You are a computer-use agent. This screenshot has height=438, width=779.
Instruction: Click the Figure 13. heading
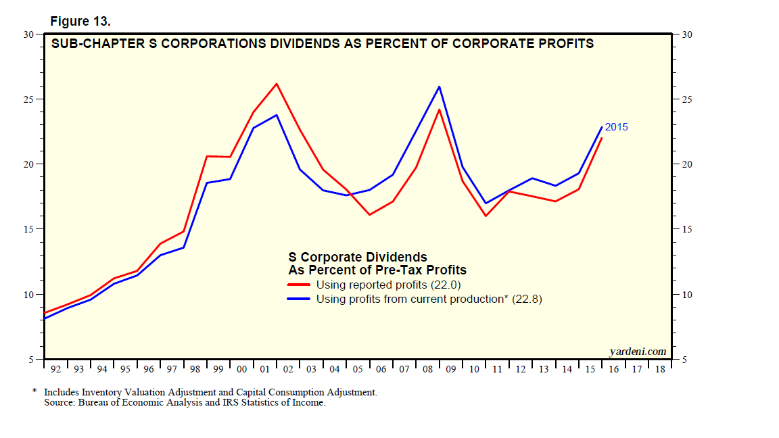pyautogui.click(x=80, y=22)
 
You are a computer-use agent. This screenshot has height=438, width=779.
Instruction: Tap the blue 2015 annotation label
pyautogui.click(x=616, y=126)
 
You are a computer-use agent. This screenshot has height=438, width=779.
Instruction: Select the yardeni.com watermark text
pyautogui.click(x=638, y=351)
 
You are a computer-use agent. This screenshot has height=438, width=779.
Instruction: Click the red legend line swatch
pyautogui.click(x=299, y=285)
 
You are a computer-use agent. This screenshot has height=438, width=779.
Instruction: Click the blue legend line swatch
pyautogui.click(x=299, y=299)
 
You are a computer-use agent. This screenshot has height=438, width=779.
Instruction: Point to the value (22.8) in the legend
pyautogui.click(x=526, y=299)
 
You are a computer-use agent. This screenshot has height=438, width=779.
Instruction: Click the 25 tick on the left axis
pyautogui.click(x=30, y=99)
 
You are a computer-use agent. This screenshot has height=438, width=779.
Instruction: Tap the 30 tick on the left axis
pyautogui.click(x=30, y=34)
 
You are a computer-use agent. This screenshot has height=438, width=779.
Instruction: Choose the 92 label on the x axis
pyautogui.click(x=55, y=370)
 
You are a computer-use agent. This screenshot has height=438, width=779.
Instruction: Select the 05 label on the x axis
pyautogui.click(x=358, y=370)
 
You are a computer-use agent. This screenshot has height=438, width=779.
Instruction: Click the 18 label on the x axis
pyautogui.click(x=659, y=370)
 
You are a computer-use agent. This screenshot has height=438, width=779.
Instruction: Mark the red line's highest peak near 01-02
pyautogui.click(x=277, y=84)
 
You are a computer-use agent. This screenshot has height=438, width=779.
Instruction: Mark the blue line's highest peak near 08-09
pyautogui.click(x=440, y=87)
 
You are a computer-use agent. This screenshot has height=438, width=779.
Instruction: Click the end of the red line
pyautogui.click(x=602, y=138)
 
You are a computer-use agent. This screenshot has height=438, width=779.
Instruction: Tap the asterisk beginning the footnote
pyautogui.click(x=34, y=392)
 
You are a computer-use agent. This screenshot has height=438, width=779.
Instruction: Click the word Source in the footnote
pyautogui.click(x=60, y=403)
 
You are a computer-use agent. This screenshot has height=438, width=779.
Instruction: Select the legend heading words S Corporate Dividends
pyautogui.click(x=358, y=257)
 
